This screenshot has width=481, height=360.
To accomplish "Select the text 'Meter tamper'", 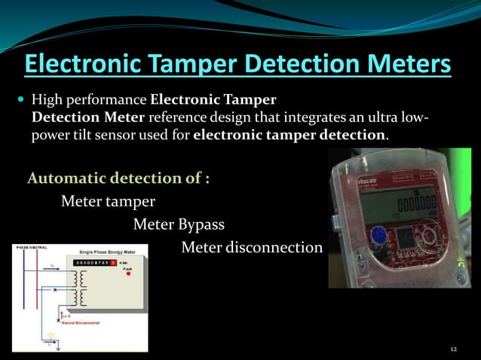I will tap(108, 201).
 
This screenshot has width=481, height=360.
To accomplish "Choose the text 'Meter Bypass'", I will tap(179, 224).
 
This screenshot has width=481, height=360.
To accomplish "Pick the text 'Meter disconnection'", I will tap(252, 248).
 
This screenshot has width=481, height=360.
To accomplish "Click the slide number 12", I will tap(453, 349).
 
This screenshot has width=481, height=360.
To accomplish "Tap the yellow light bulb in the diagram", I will tap(52, 334).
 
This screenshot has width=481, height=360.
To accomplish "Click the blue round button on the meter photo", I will tap(375, 236).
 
